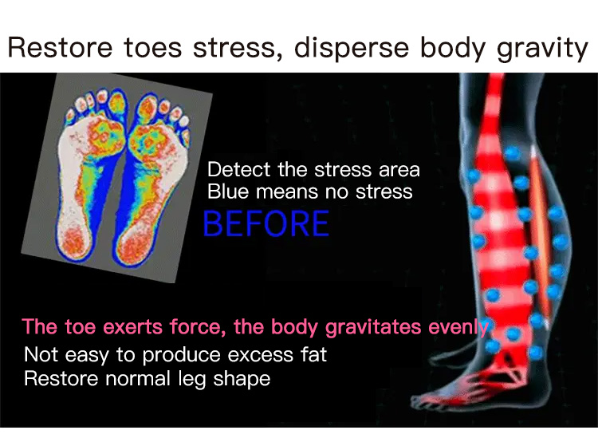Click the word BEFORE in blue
[x=266, y=223]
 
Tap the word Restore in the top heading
[x=61, y=48]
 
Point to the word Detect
[x=238, y=169]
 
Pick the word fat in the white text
[x=313, y=354]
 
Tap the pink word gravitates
[x=373, y=328]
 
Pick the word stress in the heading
[x=234, y=49]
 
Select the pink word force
[x=198, y=327]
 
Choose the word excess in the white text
[x=260, y=355]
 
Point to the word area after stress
[x=399, y=170]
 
